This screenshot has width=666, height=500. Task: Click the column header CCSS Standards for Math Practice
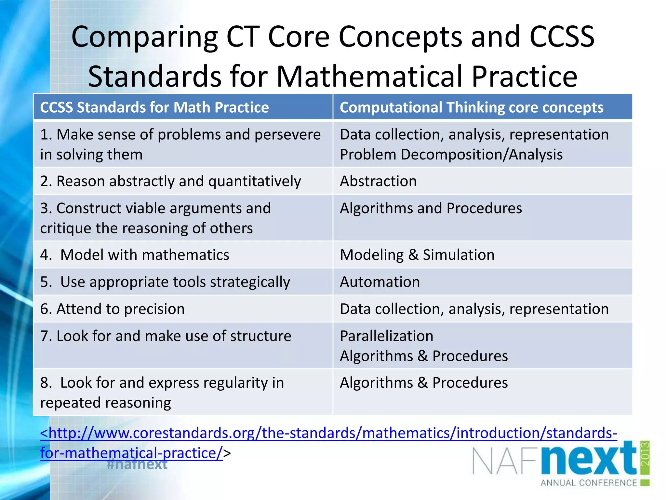click(154, 107)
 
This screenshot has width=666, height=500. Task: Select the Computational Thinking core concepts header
click(471, 107)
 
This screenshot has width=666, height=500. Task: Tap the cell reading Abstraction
click(378, 181)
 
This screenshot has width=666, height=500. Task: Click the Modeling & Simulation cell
click(417, 255)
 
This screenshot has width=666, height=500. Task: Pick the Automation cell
click(380, 282)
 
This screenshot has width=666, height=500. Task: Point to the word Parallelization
click(386, 336)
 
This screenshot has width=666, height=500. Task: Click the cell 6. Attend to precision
click(112, 309)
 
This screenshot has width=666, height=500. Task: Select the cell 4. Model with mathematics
click(135, 255)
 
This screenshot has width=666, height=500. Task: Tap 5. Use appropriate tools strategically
click(165, 282)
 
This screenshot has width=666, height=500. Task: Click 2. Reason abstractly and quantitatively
click(170, 181)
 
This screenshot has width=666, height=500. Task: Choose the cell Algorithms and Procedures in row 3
click(431, 208)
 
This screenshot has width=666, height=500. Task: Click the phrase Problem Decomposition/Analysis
click(451, 154)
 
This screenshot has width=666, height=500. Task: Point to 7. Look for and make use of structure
click(166, 336)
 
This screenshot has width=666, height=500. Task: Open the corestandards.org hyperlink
click(328, 433)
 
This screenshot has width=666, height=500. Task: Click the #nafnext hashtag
click(137, 464)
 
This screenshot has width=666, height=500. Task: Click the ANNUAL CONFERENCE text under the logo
click(589, 483)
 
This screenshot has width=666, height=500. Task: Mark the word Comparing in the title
click(144, 36)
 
